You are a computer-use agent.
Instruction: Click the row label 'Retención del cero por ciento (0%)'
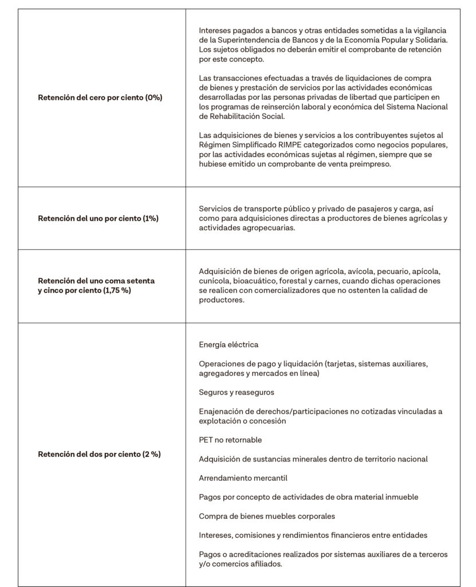(100, 97)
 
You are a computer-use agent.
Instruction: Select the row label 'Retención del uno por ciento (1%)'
(98, 218)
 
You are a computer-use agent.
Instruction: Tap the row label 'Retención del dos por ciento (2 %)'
(99, 454)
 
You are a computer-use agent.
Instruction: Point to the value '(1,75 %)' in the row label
(118, 291)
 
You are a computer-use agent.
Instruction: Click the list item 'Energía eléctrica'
(229, 345)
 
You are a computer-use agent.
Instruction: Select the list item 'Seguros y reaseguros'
(237, 392)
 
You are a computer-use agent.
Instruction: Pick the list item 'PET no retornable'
(230, 440)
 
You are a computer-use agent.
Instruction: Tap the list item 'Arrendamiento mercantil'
(243, 478)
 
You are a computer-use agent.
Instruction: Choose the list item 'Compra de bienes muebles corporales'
(267, 516)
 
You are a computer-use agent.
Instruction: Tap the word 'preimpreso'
(372, 164)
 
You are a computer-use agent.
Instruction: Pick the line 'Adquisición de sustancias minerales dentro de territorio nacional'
(313, 459)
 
